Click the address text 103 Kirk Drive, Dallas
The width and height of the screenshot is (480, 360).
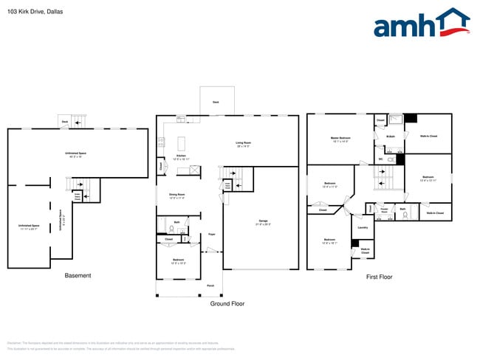(35, 10)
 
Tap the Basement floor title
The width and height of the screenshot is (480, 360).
(78, 275)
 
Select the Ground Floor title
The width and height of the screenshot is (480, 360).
(227, 302)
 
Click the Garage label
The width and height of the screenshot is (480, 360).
(263, 222)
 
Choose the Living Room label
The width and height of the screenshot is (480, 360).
(244, 144)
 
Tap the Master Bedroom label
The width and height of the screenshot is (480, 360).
(340, 139)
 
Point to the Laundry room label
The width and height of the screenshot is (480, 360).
(363, 228)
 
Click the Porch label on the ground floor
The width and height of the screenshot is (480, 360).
(210, 285)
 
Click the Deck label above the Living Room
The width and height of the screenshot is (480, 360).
(216, 102)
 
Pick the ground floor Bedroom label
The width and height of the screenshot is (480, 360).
(178, 260)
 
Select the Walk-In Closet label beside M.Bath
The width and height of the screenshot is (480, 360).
(428, 136)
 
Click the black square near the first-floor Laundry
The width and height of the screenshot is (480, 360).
(354, 245)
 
